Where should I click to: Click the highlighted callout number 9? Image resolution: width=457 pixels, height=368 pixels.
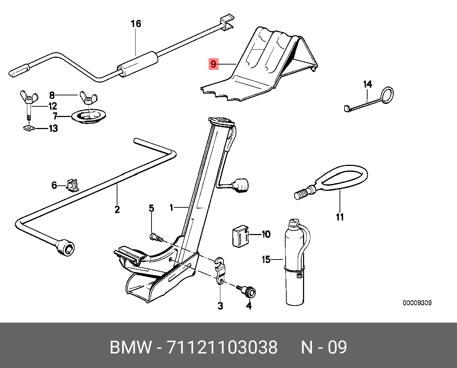click(213, 64)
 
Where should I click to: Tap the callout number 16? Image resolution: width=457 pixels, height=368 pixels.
click(136, 24)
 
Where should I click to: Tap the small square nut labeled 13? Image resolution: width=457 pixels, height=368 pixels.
click(27, 128)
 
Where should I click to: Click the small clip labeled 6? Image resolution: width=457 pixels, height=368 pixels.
click(73, 185)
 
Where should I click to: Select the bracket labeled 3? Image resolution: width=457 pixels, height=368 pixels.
click(220, 273)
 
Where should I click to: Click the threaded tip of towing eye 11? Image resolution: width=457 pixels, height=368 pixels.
click(302, 194)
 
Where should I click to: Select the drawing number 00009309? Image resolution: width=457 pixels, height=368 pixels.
click(417, 303)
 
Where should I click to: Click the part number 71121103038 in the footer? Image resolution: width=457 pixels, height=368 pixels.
click(222, 347)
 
